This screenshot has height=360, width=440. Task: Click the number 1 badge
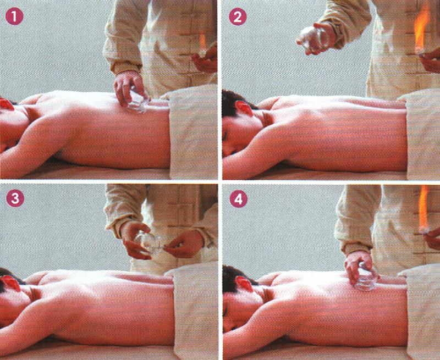tap(14, 16)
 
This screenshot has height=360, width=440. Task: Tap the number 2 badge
tap(238, 16)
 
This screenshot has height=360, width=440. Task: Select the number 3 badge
tap(15, 198)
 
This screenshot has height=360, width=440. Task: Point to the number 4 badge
tap(239, 199)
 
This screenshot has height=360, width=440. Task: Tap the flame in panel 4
tap(424, 208)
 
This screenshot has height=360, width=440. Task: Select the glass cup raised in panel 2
tap(312, 38)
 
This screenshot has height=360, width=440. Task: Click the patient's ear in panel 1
tap(7, 104)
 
